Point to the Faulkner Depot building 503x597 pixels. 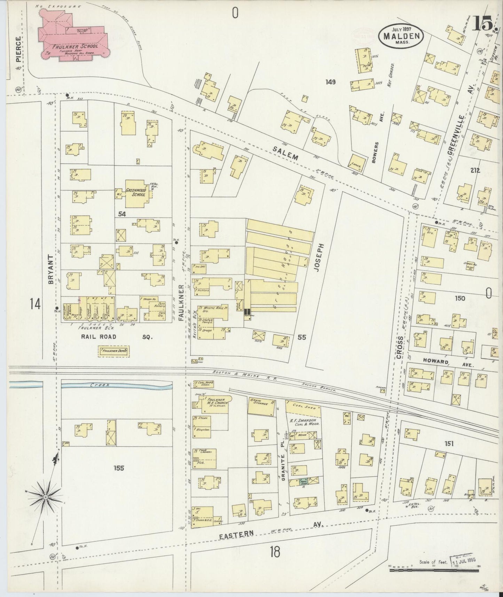coord(114,351)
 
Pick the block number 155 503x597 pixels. coord(119,468)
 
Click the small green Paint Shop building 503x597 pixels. coord(303,481)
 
